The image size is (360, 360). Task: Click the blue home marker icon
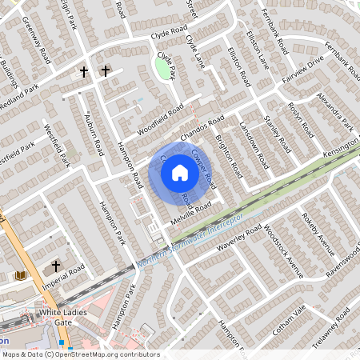pos(180,171)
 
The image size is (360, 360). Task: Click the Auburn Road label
pos(94,134)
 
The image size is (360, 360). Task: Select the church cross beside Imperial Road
pos(56,265)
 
